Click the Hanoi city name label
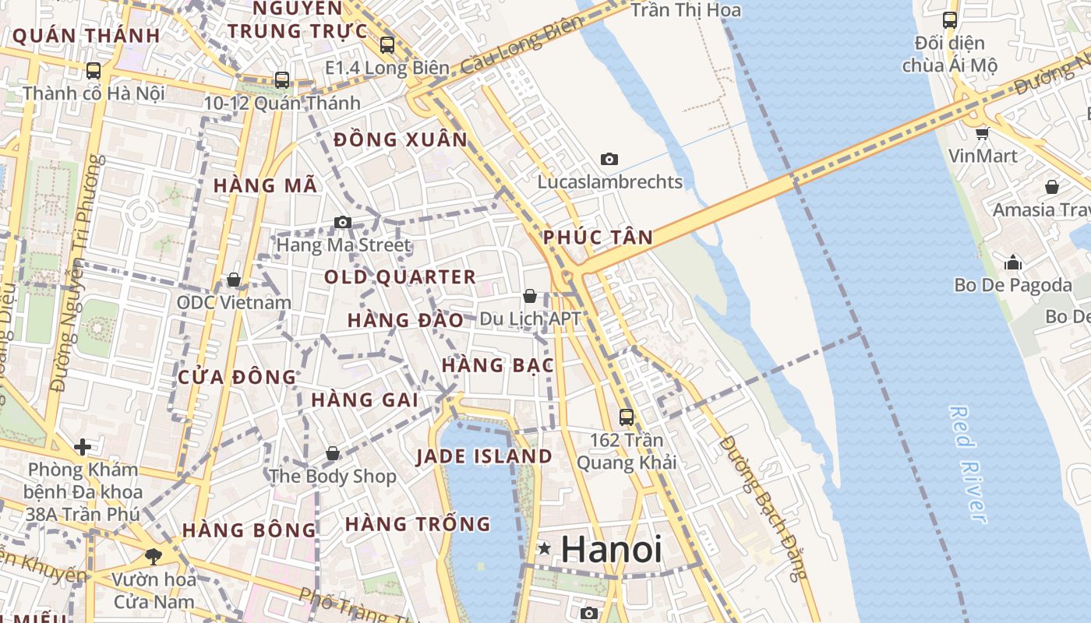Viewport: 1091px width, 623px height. point(611,549)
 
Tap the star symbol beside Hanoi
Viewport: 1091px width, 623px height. point(545,549)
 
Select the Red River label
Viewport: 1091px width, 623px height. point(969,464)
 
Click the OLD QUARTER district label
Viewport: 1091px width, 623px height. point(400,277)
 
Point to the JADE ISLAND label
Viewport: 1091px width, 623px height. point(484,456)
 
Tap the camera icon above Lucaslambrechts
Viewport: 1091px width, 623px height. point(609,159)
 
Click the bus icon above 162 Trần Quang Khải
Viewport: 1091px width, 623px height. point(627,417)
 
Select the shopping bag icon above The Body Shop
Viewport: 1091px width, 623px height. point(333,453)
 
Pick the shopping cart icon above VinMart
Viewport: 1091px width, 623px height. point(982,133)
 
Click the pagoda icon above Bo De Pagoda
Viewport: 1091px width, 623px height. point(1013,262)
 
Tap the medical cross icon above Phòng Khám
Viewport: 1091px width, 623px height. point(82,447)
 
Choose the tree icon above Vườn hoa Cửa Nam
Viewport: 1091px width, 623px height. point(153,556)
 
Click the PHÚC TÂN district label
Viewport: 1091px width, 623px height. point(598,238)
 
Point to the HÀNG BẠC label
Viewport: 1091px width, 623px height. point(497,365)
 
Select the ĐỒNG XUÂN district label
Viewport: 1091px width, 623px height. point(401,140)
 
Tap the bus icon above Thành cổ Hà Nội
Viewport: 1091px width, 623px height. point(94,70)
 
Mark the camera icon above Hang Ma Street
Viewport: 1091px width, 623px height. point(342,223)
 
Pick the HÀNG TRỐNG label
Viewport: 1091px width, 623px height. point(418,524)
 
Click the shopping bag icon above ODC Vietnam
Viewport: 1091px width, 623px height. point(233,280)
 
